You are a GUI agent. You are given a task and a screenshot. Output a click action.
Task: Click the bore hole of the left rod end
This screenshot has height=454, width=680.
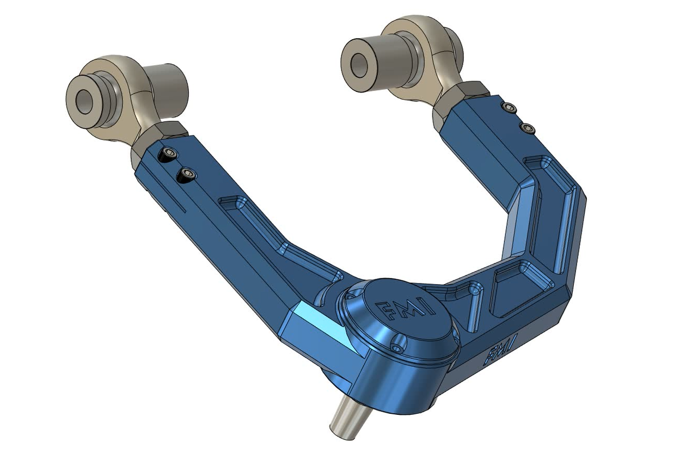pyautogui.click(x=84, y=102)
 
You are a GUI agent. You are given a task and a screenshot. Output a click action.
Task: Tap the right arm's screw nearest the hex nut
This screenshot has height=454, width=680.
pyautogui.click(x=510, y=108)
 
